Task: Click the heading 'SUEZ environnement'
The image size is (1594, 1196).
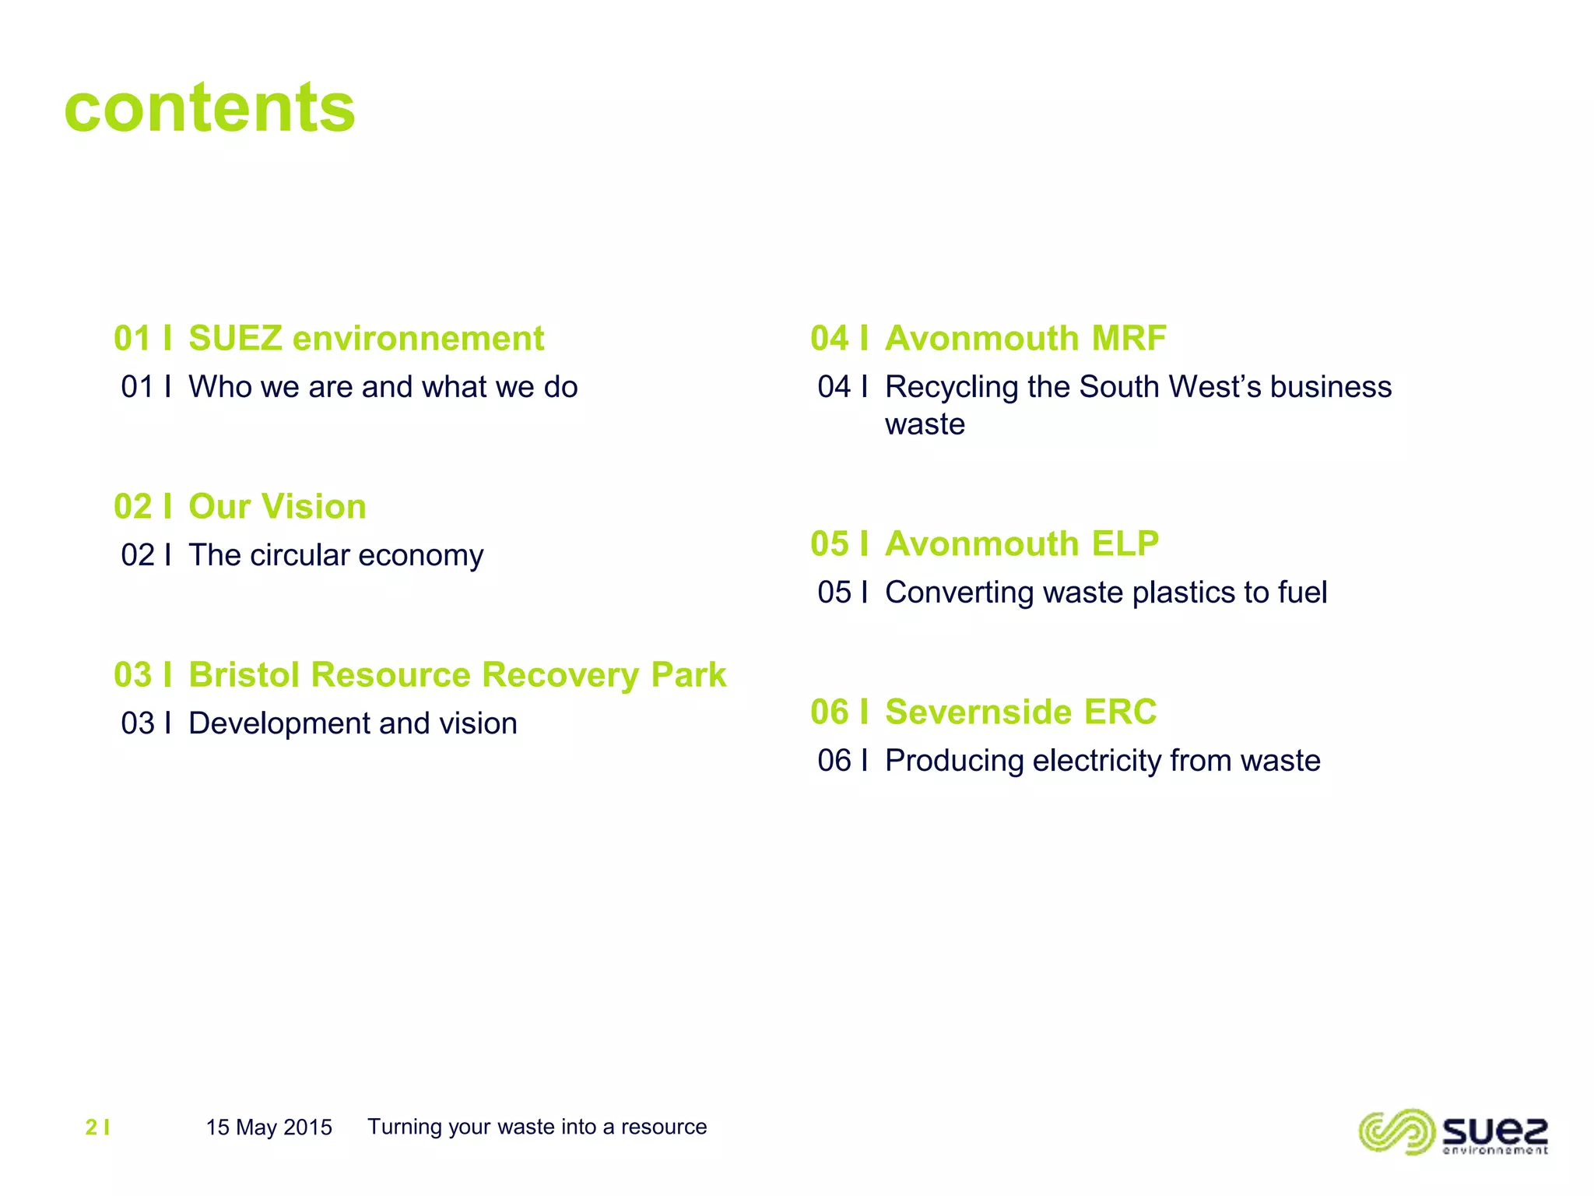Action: (366, 339)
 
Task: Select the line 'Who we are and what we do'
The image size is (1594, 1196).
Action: (383, 387)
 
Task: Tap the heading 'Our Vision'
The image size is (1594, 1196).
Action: (277, 507)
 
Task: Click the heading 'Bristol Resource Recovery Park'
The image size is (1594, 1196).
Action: (457, 675)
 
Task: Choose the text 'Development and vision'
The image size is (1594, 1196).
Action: (353, 723)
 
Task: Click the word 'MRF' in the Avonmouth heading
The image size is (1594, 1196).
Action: (1129, 339)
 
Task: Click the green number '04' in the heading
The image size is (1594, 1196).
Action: (829, 339)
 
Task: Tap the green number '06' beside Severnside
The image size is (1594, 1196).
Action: (829, 712)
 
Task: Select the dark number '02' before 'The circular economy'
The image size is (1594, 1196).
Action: (138, 555)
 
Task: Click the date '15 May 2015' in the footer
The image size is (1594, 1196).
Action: (269, 1127)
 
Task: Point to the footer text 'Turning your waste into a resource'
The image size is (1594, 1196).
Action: (537, 1127)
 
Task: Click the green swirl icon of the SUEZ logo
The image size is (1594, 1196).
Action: (1396, 1131)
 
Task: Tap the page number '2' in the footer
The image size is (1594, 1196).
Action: (91, 1127)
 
